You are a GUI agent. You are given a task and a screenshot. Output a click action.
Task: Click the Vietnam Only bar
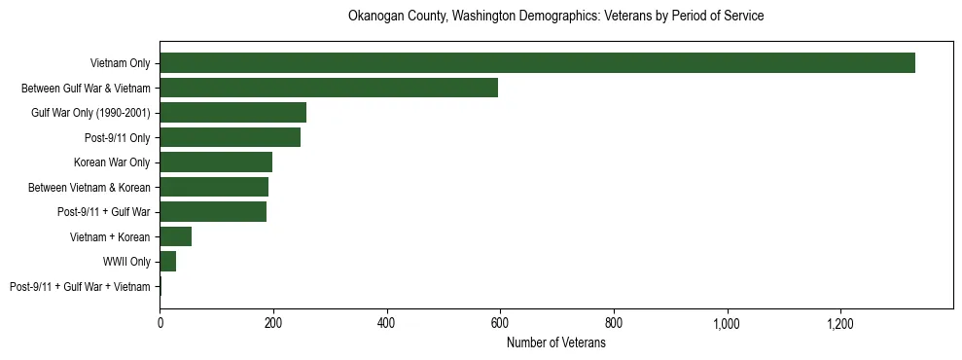tap(537, 63)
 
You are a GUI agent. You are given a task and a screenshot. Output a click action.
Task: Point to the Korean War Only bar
tap(216, 162)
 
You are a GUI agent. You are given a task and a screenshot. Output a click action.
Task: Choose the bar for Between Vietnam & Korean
tap(214, 187)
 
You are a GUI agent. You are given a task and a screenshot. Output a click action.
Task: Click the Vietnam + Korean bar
tap(175, 236)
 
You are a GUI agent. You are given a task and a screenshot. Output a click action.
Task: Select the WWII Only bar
tap(167, 262)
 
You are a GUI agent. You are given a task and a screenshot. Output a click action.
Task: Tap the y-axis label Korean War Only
tap(112, 162)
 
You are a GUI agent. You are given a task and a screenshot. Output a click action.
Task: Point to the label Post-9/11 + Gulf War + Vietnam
tap(80, 287)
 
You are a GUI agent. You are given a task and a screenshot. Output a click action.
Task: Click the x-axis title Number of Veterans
tap(556, 343)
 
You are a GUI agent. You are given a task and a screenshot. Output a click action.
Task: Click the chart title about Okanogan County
tap(555, 17)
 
